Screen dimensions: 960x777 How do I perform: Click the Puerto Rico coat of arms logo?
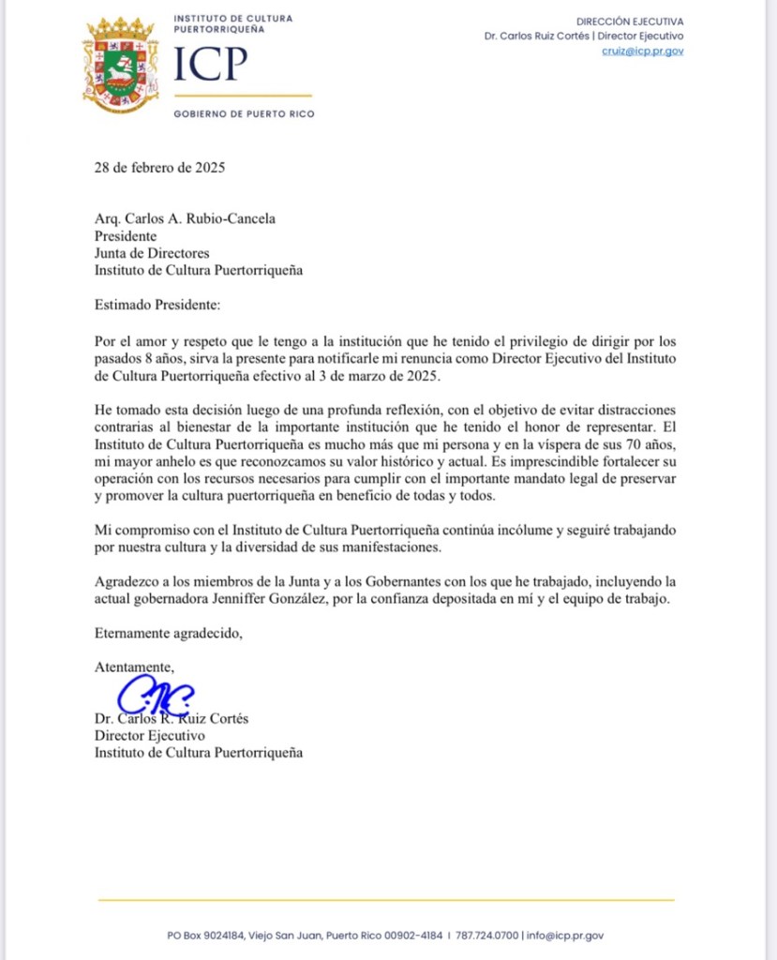pyautogui.click(x=119, y=64)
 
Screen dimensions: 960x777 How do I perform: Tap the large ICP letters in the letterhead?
pyautogui.click(x=212, y=66)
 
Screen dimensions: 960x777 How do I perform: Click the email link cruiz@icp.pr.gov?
pyautogui.click(x=642, y=52)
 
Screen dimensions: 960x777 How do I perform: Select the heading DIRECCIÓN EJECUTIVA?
pyautogui.click(x=630, y=21)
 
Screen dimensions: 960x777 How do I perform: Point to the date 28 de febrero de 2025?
pyautogui.click(x=160, y=169)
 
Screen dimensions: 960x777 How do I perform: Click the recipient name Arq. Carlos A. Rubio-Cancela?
pyautogui.click(x=186, y=220)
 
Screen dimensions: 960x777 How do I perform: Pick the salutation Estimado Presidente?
pyautogui.click(x=157, y=305)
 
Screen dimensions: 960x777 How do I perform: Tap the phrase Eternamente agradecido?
pyautogui.click(x=168, y=633)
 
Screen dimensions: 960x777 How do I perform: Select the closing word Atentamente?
pyautogui.click(x=134, y=667)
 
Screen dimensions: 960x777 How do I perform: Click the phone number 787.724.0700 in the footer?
pyautogui.click(x=487, y=935)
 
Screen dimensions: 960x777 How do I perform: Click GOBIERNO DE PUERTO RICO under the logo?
pyautogui.click(x=244, y=114)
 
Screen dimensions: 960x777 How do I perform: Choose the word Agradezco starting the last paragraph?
pyautogui.click(x=127, y=582)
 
